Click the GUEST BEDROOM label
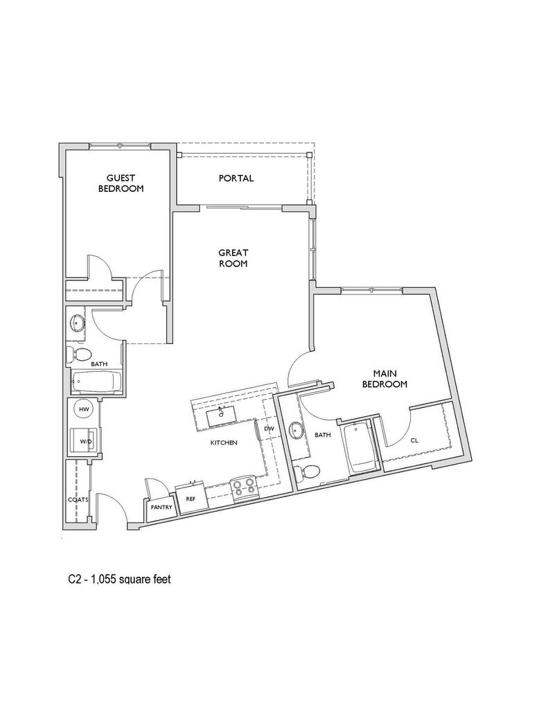[x=121, y=183]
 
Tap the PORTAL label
[x=236, y=178]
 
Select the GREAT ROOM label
[x=233, y=258]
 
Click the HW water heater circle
[x=85, y=410]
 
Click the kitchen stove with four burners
[x=245, y=489]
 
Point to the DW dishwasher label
[x=269, y=429]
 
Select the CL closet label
[x=414, y=439]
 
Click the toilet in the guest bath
[x=80, y=356]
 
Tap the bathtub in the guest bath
[x=96, y=382]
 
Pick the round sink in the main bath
[x=298, y=431]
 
